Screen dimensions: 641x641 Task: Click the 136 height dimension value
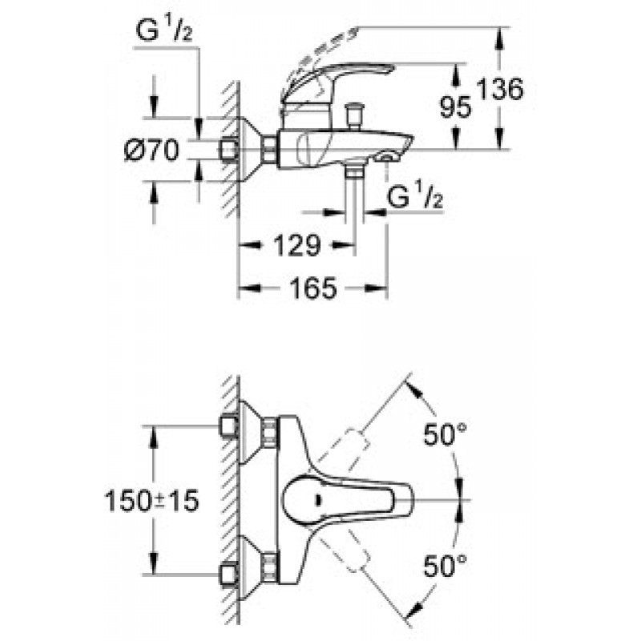point(500,89)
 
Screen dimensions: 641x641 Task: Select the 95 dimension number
point(456,107)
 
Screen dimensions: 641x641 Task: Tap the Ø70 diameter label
point(151,150)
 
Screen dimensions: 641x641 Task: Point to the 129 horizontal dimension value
point(296,245)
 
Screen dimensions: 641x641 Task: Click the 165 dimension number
point(313,288)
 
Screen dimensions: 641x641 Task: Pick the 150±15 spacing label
point(152,500)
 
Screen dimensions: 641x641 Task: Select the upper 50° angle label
point(445,434)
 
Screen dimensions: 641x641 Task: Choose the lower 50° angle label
point(445,566)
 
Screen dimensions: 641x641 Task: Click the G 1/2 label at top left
point(164,30)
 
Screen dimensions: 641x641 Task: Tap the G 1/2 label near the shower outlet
point(415,196)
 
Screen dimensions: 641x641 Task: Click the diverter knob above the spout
point(354,116)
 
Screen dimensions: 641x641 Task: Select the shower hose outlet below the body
point(354,170)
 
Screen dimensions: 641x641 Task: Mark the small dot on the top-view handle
point(318,499)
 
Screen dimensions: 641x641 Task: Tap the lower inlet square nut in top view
point(229,574)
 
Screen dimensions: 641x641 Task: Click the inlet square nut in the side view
point(229,150)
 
